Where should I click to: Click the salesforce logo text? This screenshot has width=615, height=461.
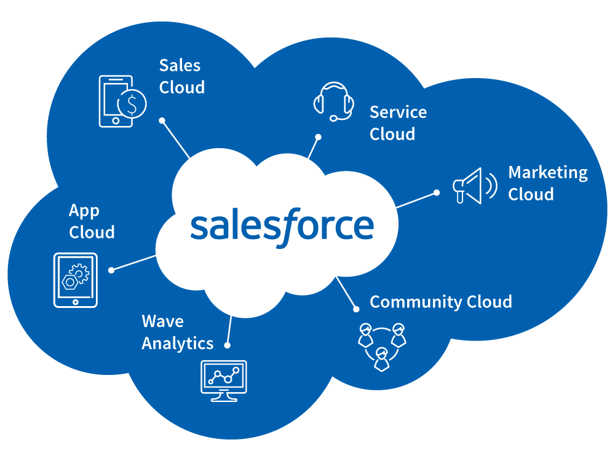click(282, 226)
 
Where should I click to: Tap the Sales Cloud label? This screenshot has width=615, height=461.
click(181, 76)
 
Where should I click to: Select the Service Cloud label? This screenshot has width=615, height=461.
click(398, 123)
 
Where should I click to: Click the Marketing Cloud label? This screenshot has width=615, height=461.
click(547, 183)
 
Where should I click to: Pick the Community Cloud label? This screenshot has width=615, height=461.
click(440, 302)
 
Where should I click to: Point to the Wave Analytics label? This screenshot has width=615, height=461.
click(177, 332)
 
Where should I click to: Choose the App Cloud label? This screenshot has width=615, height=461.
click(92, 221)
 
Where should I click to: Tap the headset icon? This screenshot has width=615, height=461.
click(334, 100)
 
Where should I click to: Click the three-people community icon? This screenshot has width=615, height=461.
click(382, 346)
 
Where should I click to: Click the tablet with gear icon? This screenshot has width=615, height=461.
click(76, 280)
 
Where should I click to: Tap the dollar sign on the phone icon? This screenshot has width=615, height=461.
click(132, 103)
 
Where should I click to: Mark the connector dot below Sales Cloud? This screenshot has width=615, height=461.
click(162, 120)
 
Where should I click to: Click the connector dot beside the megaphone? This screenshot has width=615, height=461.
click(437, 192)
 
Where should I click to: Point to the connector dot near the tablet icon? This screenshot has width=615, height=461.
click(111, 270)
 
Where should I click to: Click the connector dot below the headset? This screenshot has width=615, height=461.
click(319, 137)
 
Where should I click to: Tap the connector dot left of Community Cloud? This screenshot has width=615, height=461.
click(355, 309)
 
